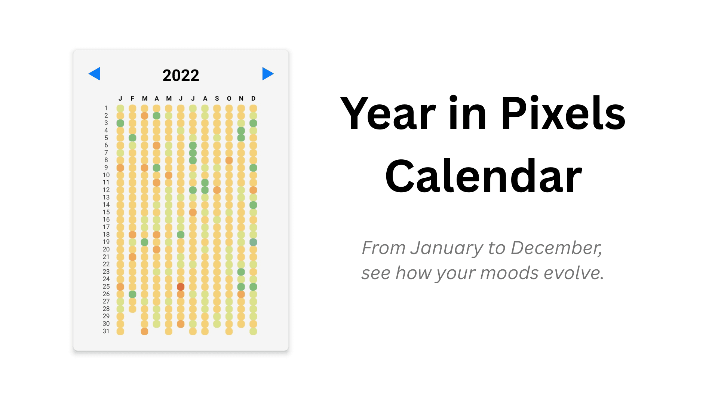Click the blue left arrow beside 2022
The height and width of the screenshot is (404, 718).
click(x=95, y=74)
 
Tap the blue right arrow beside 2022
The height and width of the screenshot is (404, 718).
click(x=267, y=74)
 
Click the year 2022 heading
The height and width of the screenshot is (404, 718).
click(x=181, y=76)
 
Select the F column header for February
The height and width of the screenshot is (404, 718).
click(x=132, y=98)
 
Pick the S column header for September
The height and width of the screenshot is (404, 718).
click(x=217, y=98)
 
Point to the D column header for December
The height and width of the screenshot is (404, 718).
click(x=253, y=98)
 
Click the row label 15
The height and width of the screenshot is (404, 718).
click(x=106, y=212)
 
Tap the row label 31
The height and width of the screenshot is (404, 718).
click(x=106, y=331)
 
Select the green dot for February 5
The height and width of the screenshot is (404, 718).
click(x=132, y=138)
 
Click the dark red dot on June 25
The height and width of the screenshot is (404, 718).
click(x=181, y=287)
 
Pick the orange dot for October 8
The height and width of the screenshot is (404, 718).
click(x=229, y=160)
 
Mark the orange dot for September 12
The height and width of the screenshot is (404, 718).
click(x=217, y=190)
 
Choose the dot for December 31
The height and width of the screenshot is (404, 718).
click(x=253, y=331)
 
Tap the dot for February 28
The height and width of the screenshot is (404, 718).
click(x=132, y=309)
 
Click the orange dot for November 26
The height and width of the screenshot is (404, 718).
click(x=241, y=294)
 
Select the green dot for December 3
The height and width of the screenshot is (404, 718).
click(x=253, y=123)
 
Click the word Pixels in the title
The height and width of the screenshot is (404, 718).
click(x=563, y=113)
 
